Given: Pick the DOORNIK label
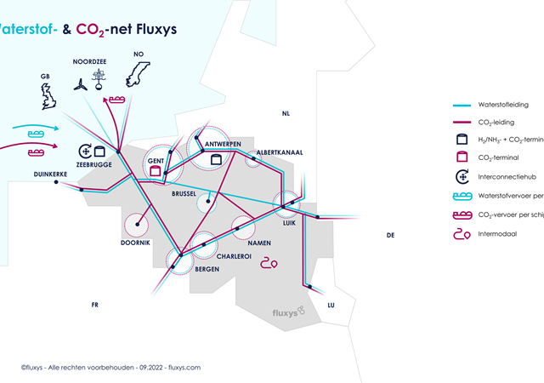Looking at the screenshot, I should pos(136,243).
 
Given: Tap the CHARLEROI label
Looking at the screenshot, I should pos(233,256).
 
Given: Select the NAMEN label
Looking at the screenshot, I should pos(260,243).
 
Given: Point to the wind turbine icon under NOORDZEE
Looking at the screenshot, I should pos(79,85).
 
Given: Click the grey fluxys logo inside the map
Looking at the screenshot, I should pos(290,313).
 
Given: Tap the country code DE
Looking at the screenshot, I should pos(390,235).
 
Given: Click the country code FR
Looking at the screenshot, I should pos(95,304).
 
